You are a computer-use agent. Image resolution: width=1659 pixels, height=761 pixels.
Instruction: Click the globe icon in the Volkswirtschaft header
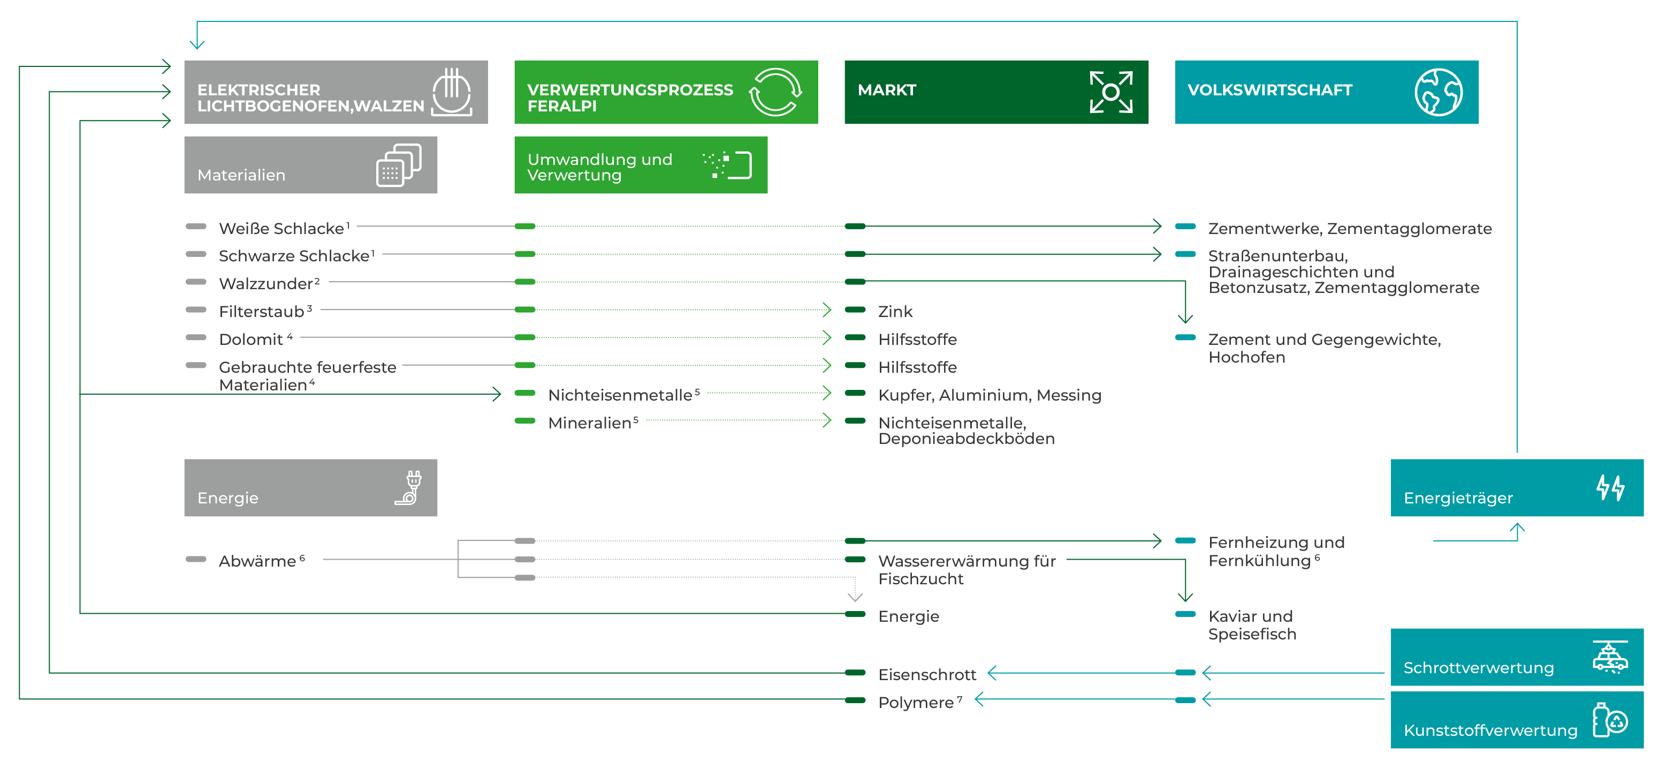tap(1438, 92)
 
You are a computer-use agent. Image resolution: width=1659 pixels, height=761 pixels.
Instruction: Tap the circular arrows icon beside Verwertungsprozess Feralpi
tap(775, 92)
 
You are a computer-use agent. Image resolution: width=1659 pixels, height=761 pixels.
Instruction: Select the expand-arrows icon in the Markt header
tap(1110, 92)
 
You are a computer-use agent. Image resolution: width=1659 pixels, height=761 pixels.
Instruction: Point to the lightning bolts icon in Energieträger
tap(1610, 487)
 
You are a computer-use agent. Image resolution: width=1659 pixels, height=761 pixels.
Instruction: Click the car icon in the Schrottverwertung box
tap(1610, 657)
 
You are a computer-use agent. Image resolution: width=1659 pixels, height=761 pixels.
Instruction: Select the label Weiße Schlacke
tap(281, 228)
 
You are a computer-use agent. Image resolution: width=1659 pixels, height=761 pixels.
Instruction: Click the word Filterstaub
tap(262, 312)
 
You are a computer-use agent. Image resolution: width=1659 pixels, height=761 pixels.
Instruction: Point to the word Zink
tap(895, 312)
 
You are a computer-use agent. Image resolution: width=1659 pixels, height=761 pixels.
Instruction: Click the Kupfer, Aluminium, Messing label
tap(989, 395)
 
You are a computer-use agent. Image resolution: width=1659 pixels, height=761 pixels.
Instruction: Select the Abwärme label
tap(257, 561)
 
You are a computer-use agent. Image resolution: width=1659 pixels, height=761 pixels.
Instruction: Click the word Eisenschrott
tap(927, 675)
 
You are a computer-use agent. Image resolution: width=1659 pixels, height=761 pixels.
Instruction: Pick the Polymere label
tap(916, 703)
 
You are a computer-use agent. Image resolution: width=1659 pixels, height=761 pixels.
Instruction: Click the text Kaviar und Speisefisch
tap(1251, 625)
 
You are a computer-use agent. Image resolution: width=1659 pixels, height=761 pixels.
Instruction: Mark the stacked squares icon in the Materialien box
tap(399, 165)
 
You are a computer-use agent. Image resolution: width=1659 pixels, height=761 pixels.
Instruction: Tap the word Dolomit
tap(251, 340)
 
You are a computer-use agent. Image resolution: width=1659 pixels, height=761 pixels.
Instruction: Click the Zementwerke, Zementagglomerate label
tap(1350, 228)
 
